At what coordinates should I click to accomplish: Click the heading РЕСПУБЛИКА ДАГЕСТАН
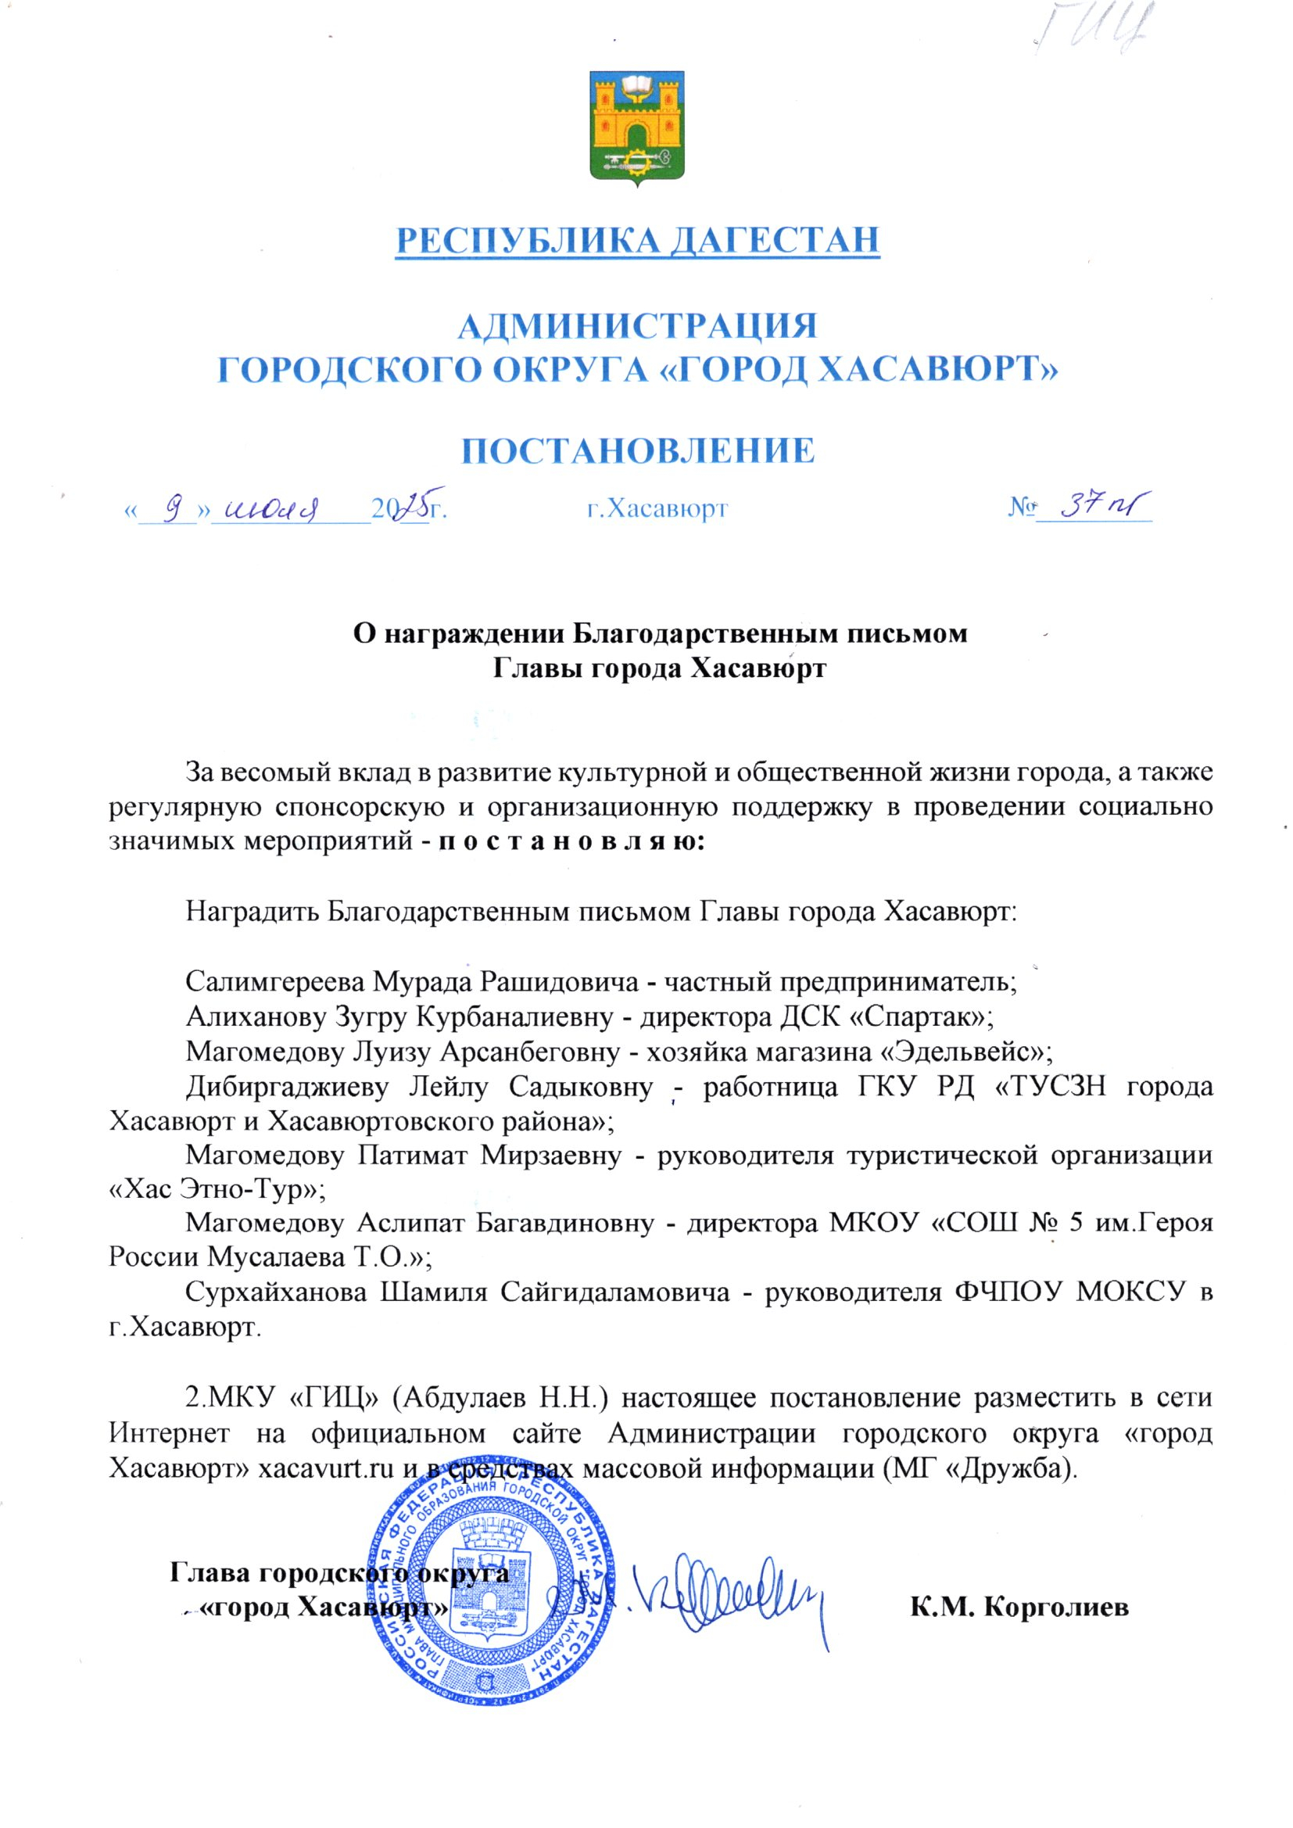click(x=639, y=241)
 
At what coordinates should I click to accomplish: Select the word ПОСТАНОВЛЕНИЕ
click(x=639, y=450)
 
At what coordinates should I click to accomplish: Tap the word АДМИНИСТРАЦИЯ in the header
click(x=639, y=328)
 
